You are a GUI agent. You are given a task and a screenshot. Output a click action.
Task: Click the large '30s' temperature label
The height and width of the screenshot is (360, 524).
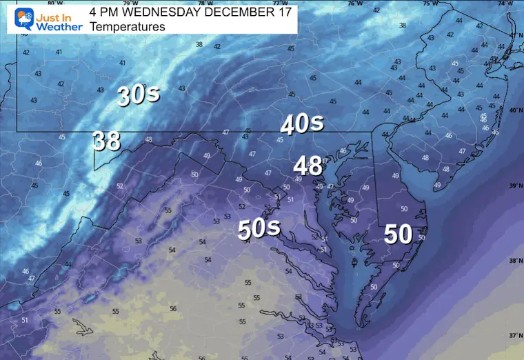[x=139, y=96]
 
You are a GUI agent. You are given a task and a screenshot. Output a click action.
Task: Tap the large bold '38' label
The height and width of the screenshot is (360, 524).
[x=107, y=141]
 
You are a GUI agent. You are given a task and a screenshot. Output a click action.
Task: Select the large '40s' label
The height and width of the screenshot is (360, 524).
[x=302, y=124]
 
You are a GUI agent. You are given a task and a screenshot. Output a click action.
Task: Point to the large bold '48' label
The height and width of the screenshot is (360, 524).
[x=308, y=166]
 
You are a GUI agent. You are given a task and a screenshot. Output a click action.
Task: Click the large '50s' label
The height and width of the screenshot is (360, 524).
[x=259, y=228]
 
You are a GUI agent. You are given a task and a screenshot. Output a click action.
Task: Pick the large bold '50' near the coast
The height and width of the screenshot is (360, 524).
[x=398, y=234]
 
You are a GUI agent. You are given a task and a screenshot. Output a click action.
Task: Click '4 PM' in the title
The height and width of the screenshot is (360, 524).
[x=105, y=12]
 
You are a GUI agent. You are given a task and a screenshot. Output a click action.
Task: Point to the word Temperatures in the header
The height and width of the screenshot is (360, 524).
[x=127, y=27]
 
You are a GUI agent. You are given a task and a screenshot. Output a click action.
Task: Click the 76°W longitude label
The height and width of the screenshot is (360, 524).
[x=354, y=3]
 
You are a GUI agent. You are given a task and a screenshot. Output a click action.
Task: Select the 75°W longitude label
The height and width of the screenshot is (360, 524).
[x=429, y=3]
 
